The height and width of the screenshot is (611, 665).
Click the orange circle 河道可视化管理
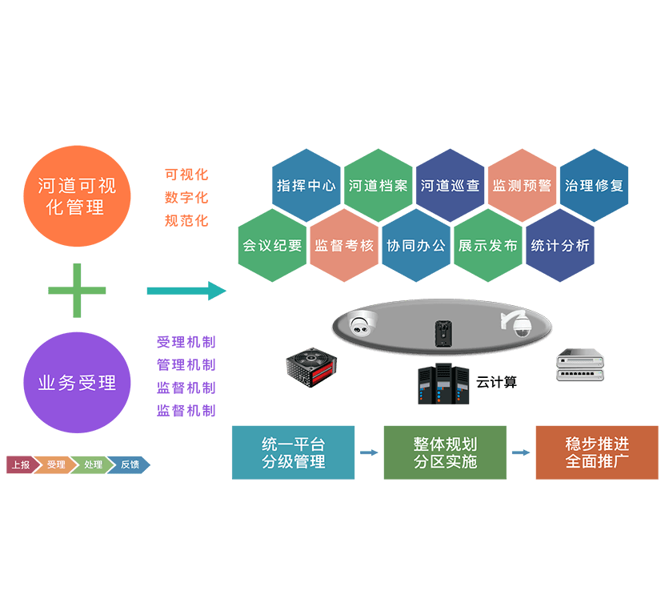pyautogui.click(x=76, y=196)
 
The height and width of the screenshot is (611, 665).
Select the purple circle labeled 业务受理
pyautogui.click(x=77, y=383)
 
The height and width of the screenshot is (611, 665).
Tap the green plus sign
pyautogui.click(x=77, y=290)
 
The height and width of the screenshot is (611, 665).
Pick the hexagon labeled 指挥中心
pyautogui.click(x=306, y=185)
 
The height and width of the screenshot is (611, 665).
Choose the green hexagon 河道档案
pyautogui.click(x=378, y=185)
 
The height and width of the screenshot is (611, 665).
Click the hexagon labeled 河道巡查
pyautogui.click(x=450, y=185)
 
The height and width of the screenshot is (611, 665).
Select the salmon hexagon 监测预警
pyautogui.click(x=522, y=185)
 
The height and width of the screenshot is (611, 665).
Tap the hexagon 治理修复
pyautogui.click(x=594, y=185)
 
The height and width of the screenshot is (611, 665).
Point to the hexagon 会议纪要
pyautogui.click(x=272, y=246)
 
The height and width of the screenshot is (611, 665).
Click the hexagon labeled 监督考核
pyautogui.click(x=344, y=246)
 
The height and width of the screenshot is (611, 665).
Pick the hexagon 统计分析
pyautogui.click(x=560, y=246)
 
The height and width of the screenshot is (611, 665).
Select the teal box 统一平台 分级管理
pyautogui.click(x=293, y=452)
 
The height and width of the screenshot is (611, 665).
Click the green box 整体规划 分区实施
pyautogui.click(x=445, y=452)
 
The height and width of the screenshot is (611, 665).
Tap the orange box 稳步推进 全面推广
pyautogui.click(x=597, y=452)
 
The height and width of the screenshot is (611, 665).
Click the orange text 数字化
pyautogui.click(x=186, y=197)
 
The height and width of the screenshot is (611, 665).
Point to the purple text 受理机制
pyautogui.click(x=186, y=342)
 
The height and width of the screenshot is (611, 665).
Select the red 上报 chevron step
pyautogui.click(x=21, y=464)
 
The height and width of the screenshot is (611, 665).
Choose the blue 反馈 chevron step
pyautogui.click(x=130, y=464)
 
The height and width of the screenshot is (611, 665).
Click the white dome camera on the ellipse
pyautogui.click(x=363, y=324)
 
